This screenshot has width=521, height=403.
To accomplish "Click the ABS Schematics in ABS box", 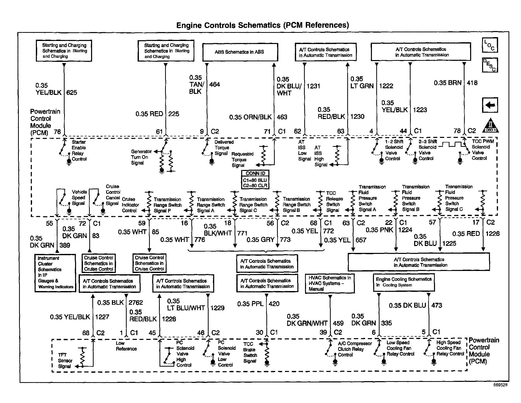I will (240, 52).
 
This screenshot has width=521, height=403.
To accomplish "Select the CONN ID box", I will (255, 180).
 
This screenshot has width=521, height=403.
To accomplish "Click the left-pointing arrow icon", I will (490, 105).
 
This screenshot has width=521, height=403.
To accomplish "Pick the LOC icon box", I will (490, 45).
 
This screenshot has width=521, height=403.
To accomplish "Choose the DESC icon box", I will (490, 65).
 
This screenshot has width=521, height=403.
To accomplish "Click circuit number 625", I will (71, 93).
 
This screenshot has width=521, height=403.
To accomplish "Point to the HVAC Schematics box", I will (330, 283).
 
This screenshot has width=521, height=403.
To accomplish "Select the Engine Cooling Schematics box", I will (404, 282).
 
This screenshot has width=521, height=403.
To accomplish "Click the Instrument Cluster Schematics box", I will (55, 273).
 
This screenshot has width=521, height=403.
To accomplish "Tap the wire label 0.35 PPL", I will (250, 304).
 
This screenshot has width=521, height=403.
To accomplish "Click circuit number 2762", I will (136, 303).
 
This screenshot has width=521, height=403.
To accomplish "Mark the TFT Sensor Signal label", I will (65, 361).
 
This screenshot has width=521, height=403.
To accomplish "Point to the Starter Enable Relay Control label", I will (79, 151).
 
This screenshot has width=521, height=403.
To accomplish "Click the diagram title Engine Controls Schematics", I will (263, 25).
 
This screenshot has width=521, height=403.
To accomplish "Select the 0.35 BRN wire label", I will (447, 83).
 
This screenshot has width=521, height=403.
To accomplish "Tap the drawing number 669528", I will (500, 385).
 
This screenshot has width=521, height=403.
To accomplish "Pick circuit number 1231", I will (313, 86).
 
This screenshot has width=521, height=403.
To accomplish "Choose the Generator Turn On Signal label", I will (141, 157).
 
